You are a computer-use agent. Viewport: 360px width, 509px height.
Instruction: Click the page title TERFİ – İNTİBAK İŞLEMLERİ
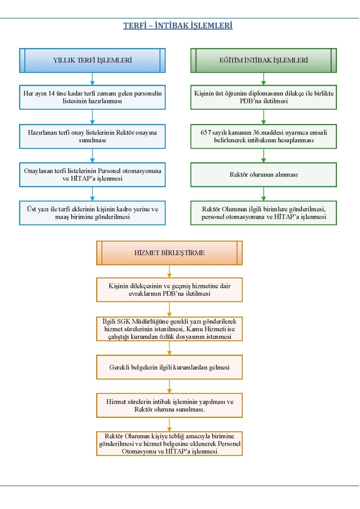click(x=178, y=25)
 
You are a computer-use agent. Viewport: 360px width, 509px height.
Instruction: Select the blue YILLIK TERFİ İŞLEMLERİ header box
click(x=92, y=60)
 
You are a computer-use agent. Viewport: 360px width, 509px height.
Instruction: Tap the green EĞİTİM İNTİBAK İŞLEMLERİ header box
click(x=264, y=60)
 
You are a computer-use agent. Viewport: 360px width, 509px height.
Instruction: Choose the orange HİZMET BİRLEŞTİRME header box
click(x=169, y=253)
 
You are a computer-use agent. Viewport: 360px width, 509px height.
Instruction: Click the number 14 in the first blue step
click(x=51, y=93)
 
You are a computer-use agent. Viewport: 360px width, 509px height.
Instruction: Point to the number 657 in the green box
click(x=205, y=133)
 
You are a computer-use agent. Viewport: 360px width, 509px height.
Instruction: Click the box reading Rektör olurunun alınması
click(x=264, y=175)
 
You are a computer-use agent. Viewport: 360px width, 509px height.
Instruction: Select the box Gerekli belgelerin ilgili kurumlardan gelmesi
click(x=169, y=367)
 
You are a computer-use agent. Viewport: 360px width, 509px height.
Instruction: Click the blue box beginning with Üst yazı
click(x=92, y=213)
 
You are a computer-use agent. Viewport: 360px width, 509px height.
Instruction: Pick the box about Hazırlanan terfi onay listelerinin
click(x=92, y=136)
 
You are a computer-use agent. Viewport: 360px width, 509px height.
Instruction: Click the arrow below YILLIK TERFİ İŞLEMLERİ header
click(x=92, y=79)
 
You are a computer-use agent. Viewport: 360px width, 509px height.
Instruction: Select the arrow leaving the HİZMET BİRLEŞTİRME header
click(x=169, y=272)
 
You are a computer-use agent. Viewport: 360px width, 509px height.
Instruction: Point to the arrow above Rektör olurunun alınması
click(x=264, y=155)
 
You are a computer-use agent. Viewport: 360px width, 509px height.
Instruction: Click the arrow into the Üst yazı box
click(x=92, y=194)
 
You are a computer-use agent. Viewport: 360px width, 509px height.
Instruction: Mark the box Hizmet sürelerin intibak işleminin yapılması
click(x=169, y=406)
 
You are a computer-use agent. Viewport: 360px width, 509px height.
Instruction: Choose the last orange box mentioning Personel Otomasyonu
click(x=169, y=444)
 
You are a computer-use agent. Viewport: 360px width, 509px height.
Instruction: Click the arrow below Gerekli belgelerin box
click(x=169, y=387)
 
